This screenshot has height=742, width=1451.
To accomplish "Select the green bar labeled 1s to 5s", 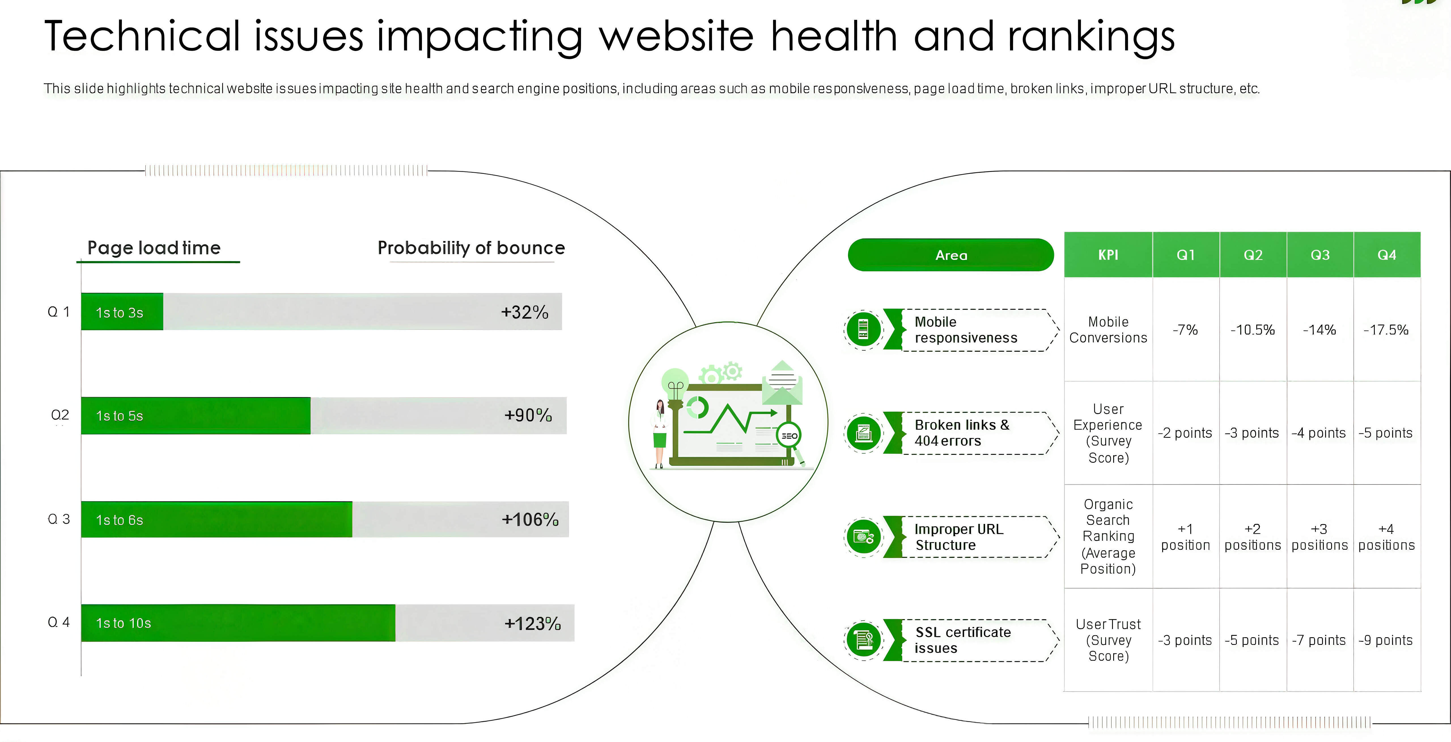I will (196, 415).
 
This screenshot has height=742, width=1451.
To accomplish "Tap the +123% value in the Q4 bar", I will (532, 623).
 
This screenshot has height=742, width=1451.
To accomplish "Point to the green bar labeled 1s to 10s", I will (238, 623).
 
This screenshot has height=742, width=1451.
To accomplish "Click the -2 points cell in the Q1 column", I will (1185, 433).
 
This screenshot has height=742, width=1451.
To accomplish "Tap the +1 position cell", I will (1185, 537).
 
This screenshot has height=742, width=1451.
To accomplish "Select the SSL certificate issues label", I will (963, 640).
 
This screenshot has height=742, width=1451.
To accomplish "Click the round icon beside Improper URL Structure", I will (863, 537).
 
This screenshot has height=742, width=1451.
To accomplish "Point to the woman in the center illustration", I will (659, 434).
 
